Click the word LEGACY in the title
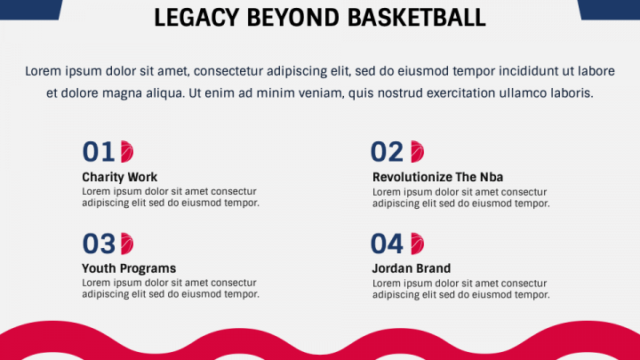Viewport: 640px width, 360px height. click(x=196, y=18)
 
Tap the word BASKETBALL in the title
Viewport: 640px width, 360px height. click(x=417, y=18)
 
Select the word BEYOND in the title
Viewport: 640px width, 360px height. click(x=293, y=18)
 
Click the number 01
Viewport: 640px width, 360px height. click(x=99, y=152)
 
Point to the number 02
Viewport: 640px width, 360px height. click(x=387, y=152)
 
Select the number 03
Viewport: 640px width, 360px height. click(x=99, y=244)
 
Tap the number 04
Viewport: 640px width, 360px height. click(x=387, y=244)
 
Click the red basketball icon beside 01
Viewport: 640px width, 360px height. click(x=127, y=152)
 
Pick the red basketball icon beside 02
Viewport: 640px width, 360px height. click(x=417, y=152)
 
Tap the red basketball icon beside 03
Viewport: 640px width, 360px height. click(x=127, y=244)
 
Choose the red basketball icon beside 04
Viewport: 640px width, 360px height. click(x=417, y=244)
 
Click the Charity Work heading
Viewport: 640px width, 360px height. click(x=120, y=177)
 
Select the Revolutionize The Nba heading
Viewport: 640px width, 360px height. click(x=437, y=177)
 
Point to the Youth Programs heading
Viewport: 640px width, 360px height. click(x=129, y=268)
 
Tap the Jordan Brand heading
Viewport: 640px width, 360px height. click(x=412, y=268)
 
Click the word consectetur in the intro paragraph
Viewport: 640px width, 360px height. click(x=228, y=71)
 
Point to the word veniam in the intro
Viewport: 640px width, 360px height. click(x=320, y=93)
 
